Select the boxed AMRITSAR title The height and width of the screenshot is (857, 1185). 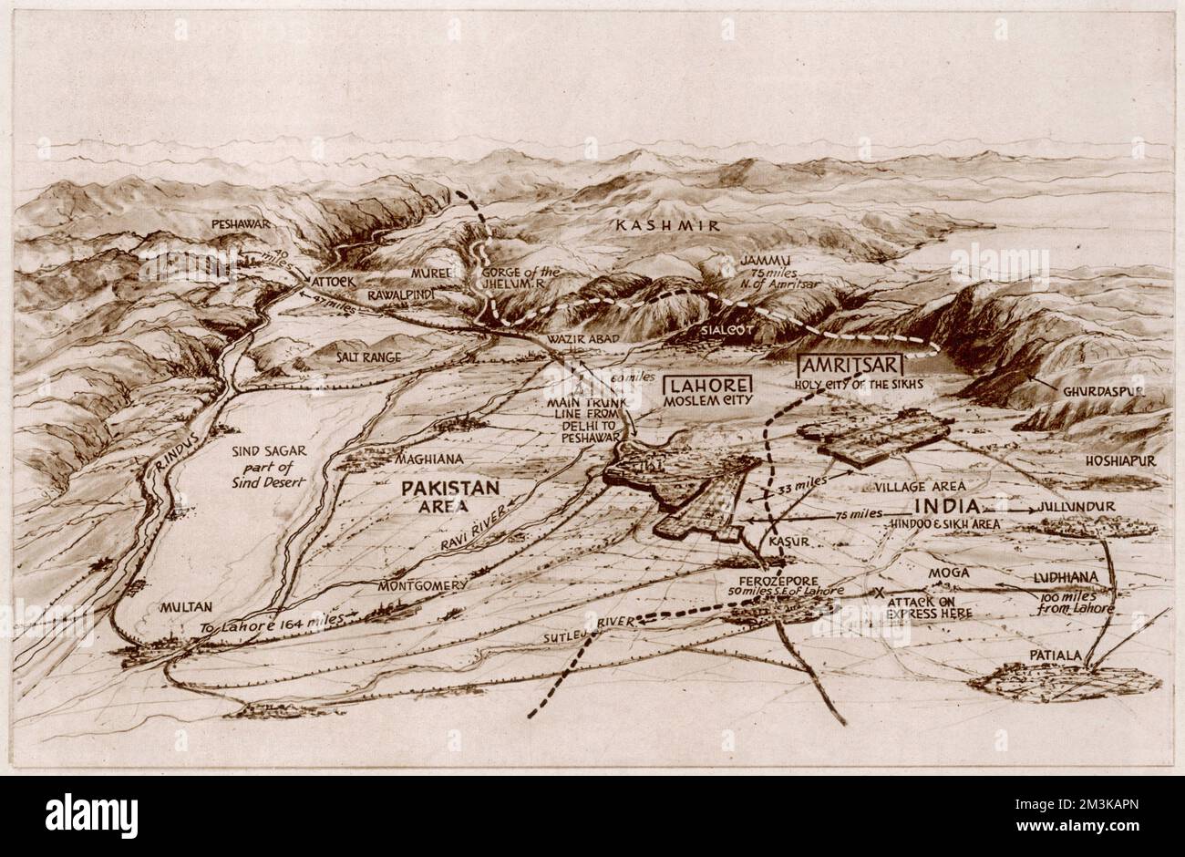click(x=848, y=365)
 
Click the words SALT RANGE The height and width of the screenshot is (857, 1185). click(x=368, y=357)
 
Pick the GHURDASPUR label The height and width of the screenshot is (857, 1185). click(x=1102, y=390)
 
